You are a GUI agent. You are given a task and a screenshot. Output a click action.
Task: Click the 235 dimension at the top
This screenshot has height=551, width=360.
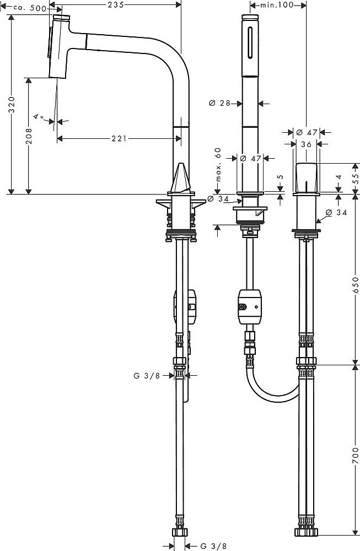[115, 4]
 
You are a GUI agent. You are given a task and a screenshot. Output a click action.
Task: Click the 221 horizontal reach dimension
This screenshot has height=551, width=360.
[116, 138]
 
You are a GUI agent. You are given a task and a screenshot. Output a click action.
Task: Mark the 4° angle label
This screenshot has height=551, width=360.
[38, 117]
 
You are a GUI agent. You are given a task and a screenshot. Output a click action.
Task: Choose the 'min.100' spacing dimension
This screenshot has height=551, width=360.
[277, 4]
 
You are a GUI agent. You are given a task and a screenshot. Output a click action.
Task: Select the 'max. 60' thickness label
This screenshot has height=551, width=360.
[218, 164]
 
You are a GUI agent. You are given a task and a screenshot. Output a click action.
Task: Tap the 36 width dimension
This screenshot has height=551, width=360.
[305, 144]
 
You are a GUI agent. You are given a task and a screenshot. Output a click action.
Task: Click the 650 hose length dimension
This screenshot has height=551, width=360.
[356, 285]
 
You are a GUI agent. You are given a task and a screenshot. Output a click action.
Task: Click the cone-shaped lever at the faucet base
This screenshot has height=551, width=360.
[180, 178]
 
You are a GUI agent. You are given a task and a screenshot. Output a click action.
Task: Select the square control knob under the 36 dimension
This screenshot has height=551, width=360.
[306, 176]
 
